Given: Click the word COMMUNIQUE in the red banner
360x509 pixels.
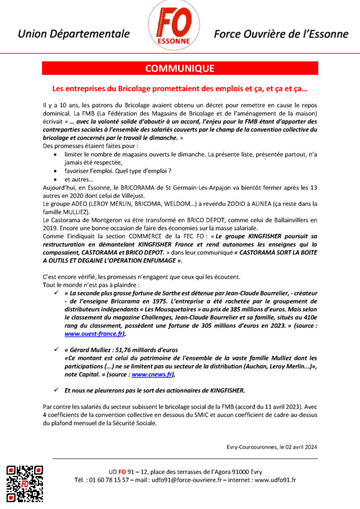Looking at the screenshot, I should pos(180,68).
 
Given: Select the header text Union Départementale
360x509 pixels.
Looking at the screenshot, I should pos(74,34).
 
